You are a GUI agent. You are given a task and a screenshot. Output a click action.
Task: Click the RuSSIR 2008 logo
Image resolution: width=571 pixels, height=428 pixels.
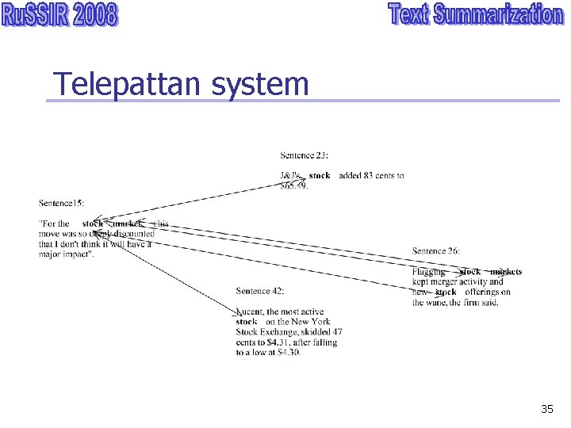coord(60,16)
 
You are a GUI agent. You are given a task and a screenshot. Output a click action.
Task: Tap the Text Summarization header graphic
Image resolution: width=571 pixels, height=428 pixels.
coord(475,16)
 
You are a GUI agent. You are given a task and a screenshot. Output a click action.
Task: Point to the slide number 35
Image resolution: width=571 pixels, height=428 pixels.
coord(546,409)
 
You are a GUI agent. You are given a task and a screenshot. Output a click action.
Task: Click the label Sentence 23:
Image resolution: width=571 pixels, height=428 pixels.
coord(304,155)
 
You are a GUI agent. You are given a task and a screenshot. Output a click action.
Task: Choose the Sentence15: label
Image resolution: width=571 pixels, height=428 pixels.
coord(61,204)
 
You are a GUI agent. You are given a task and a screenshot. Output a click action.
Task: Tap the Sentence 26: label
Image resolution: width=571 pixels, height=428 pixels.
coord(435,251)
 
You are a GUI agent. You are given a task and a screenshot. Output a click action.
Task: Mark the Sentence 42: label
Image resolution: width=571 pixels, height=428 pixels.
coord(260,292)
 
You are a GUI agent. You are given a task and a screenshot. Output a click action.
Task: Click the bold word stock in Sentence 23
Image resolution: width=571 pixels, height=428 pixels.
coord(320,176)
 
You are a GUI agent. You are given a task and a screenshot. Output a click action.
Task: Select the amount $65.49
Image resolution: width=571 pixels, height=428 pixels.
coord(294,186)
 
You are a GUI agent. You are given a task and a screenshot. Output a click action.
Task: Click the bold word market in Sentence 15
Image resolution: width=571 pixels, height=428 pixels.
coord(127,224)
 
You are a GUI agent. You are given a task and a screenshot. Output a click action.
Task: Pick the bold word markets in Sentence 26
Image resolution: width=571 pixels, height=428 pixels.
coord(505,272)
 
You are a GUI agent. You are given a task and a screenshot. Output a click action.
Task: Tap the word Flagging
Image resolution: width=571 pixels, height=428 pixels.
coord(429,272)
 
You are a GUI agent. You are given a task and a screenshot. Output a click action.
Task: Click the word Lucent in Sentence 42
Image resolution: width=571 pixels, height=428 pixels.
coord(250,312)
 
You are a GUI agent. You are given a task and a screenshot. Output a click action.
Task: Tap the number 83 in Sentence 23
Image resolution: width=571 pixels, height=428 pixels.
coord(366,176)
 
